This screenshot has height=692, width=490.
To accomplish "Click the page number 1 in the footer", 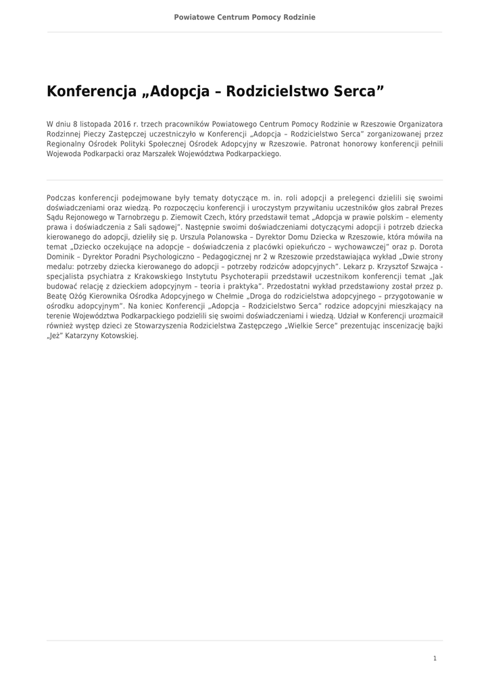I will click(435, 658).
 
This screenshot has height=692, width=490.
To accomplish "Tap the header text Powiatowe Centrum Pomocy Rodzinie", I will click(245, 16).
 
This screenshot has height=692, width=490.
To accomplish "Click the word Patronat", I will click(327, 144).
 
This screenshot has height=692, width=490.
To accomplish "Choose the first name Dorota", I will click(428, 247).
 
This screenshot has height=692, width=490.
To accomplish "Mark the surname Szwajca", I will click(418, 266).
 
